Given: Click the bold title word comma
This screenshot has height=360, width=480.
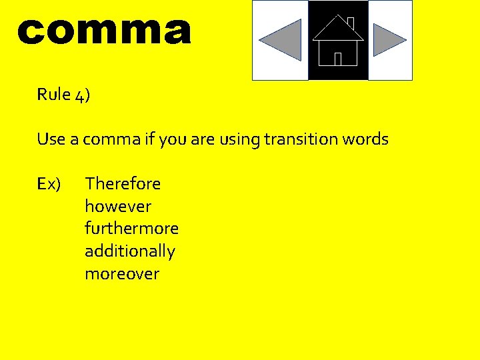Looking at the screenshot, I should click(x=104, y=31).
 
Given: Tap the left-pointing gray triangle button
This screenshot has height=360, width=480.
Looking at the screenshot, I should click(x=281, y=40).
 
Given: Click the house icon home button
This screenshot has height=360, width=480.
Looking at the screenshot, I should click(x=338, y=41).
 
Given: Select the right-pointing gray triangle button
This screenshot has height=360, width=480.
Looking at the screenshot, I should click(x=389, y=40).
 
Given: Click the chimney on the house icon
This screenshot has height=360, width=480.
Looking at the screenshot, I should click(x=351, y=23).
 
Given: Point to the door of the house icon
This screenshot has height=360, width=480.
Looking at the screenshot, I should click(x=338, y=59).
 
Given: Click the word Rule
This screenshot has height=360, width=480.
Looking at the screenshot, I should click(x=54, y=95).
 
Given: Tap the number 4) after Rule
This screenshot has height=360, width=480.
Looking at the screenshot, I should click(x=83, y=95).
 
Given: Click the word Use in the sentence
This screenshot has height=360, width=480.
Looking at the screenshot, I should click(x=51, y=139).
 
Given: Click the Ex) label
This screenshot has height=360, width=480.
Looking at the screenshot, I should click(x=49, y=183).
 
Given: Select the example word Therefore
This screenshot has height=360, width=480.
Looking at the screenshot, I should click(x=123, y=183).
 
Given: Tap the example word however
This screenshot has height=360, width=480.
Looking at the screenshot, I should click(x=118, y=206).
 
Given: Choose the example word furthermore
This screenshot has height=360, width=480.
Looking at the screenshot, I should click(x=131, y=229).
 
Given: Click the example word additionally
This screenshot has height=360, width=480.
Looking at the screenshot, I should click(x=129, y=251).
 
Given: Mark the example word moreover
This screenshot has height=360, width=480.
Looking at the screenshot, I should click(x=122, y=274).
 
